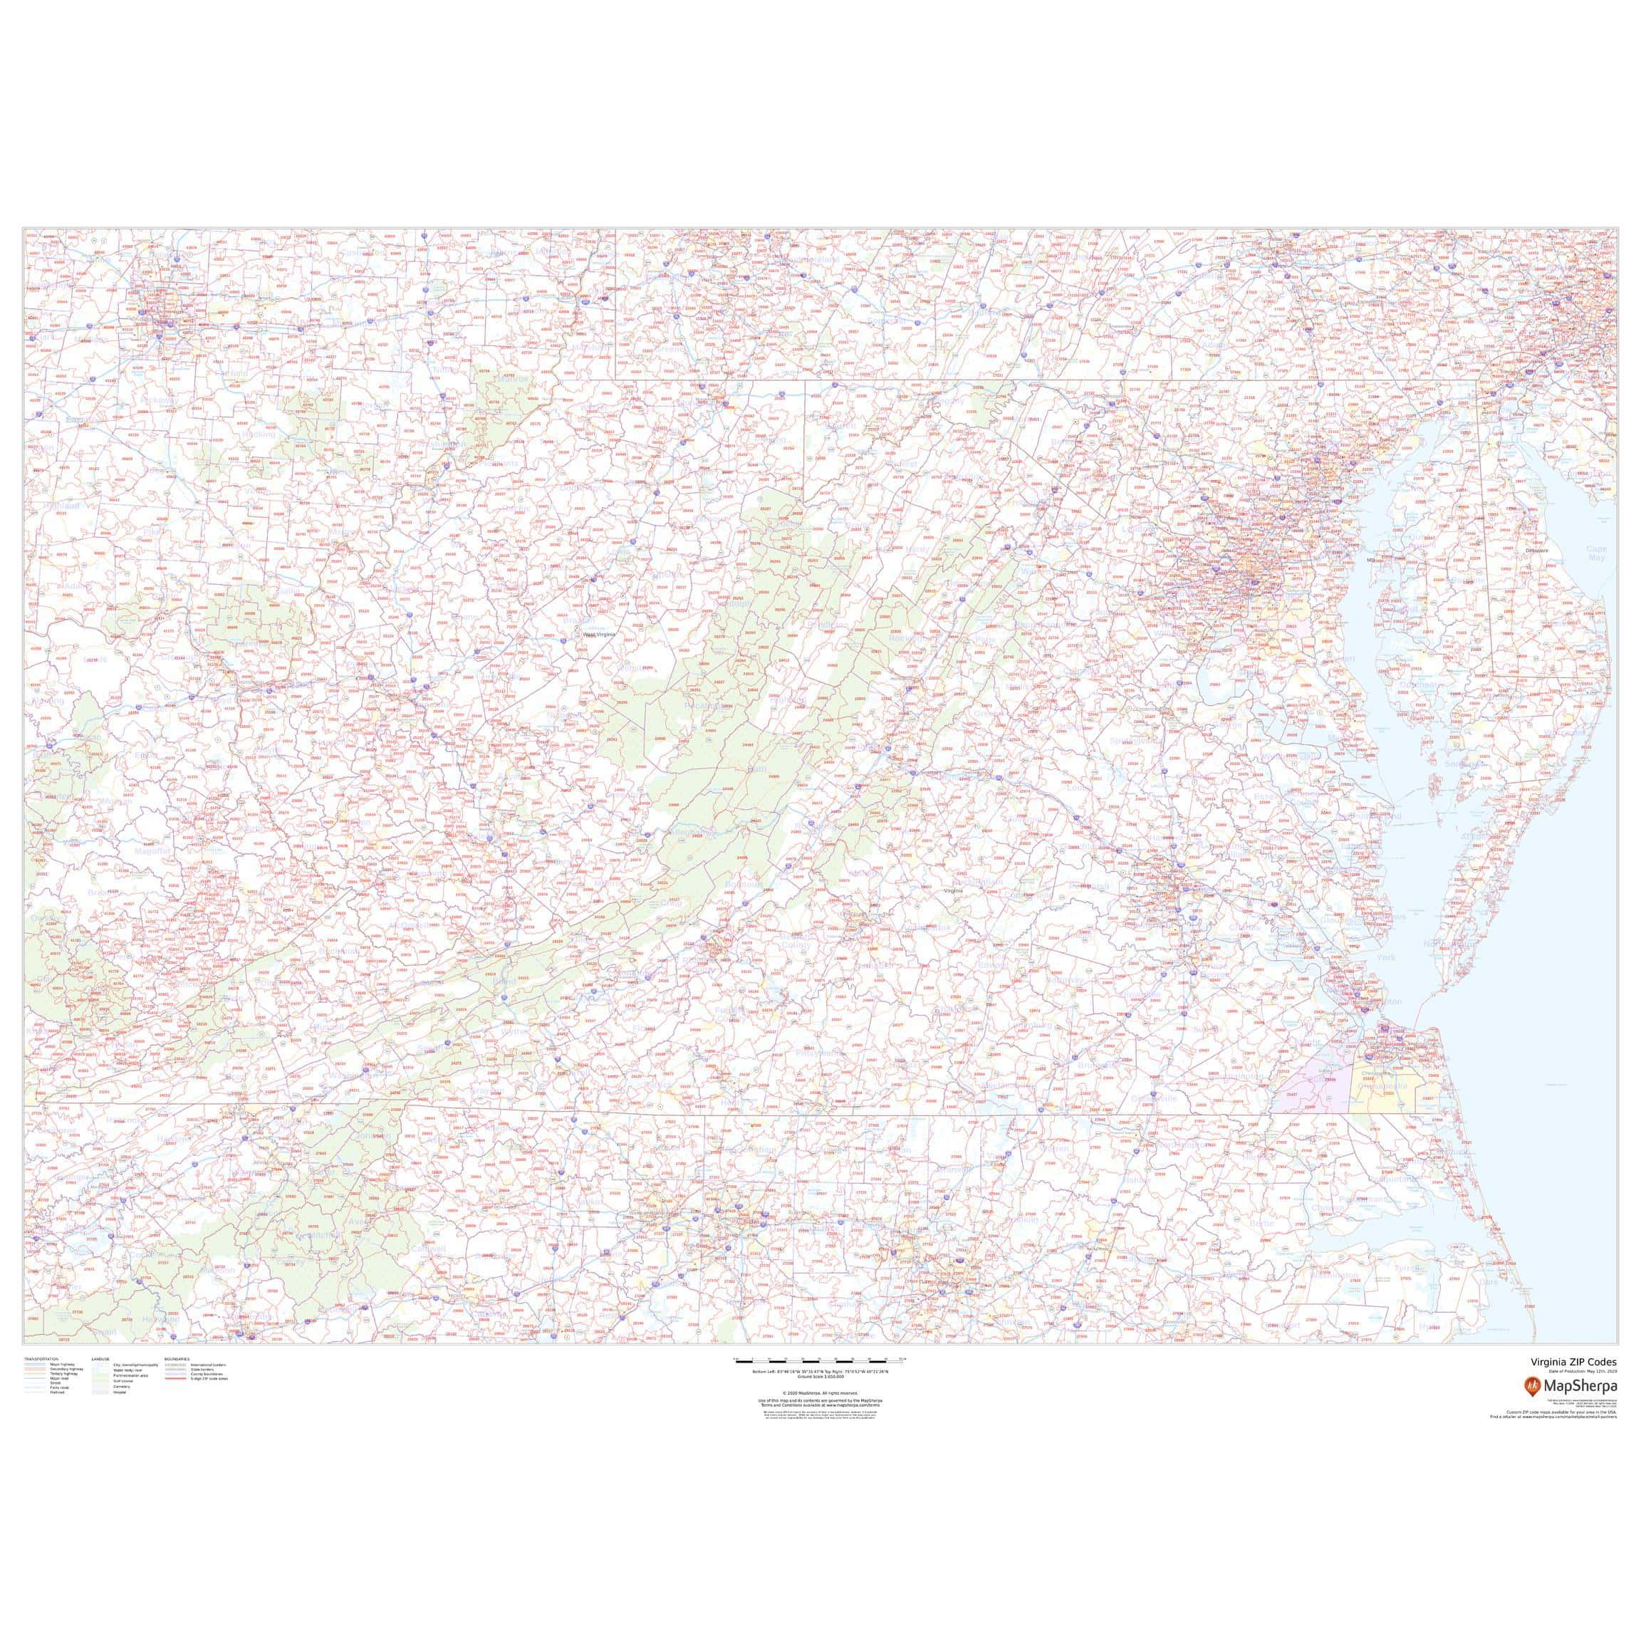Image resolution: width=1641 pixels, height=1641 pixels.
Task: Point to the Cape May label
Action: point(1597,554)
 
